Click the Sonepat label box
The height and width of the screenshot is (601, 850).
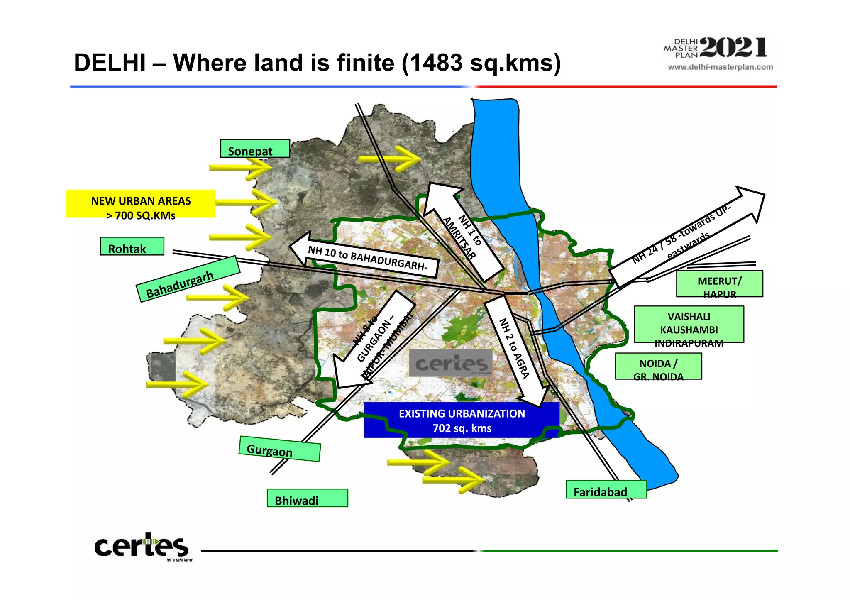[255, 149]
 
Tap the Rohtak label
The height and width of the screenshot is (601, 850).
[132, 247]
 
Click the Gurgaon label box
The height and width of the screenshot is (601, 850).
[279, 449]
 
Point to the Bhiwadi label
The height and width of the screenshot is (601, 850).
[307, 498]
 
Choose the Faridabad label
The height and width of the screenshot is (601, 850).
[606, 490]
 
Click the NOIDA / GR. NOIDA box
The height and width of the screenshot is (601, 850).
[658, 366]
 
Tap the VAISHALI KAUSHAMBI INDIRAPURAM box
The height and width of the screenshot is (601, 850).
[689, 325]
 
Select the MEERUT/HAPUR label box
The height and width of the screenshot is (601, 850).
[719, 284]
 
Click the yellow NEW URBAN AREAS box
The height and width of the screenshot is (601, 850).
[141, 204]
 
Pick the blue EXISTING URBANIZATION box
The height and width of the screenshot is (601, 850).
[462, 420]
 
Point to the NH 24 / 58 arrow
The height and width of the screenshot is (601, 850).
[685, 237]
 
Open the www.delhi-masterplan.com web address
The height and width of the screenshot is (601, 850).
[720, 67]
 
